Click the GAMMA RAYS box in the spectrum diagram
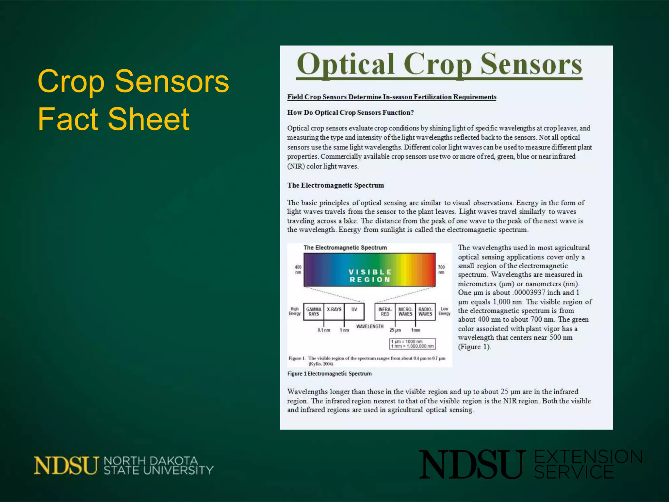[x=314, y=311]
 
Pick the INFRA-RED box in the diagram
[x=385, y=311]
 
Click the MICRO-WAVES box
[x=405, y=311]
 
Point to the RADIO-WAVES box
[x=425, y=311]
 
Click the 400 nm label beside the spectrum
[x=298, y=270]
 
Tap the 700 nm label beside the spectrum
[x=441, y=270]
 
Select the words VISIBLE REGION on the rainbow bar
[x=370, y=276]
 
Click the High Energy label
[x=294, y=311]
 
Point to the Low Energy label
[x=444, y=311]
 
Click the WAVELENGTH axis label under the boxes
[x=370, y=326]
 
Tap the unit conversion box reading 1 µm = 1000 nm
[x=412, y=343]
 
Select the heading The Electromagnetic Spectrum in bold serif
[x=335, y=185]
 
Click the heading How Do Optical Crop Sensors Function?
[x=350, y=113]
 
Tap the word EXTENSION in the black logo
[x=588, y=457]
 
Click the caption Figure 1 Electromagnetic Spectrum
[x=329, y=374]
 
